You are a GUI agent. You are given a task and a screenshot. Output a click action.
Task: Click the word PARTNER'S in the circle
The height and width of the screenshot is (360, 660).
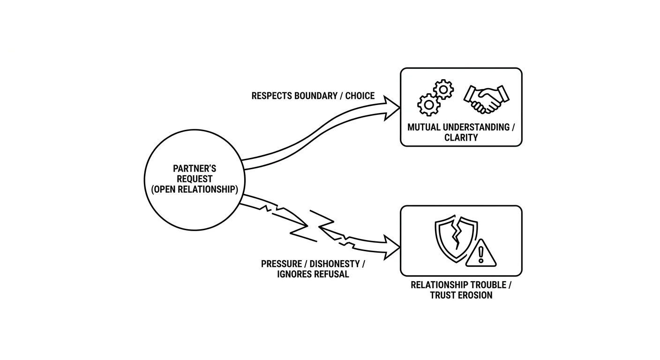pos(195,168)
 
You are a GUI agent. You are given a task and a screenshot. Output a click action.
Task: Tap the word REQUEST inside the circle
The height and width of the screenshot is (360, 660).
pos(195,179)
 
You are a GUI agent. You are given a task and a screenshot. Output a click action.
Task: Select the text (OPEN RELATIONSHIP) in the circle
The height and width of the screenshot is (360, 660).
pos(195,189)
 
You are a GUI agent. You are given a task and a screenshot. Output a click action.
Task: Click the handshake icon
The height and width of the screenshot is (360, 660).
pos(487,99)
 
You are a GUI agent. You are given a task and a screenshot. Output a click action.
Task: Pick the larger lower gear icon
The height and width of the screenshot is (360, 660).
pos(429,105)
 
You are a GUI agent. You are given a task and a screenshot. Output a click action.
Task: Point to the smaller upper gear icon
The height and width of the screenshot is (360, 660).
pos(443,89)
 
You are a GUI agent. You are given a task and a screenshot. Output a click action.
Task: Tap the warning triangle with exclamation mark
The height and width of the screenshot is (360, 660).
pos(481,253)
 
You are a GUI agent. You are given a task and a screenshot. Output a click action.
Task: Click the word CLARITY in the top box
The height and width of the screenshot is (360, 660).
pos(461,137)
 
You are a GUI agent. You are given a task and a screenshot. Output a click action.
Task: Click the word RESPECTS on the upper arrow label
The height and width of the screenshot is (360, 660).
pos(271,96)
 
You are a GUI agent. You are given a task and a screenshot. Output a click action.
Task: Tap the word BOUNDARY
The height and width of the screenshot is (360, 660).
pos(316,96)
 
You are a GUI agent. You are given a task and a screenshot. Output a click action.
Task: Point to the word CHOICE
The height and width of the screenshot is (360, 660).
pos(360,96)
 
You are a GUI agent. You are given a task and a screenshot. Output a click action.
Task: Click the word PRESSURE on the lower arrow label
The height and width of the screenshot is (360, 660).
pos(281,263)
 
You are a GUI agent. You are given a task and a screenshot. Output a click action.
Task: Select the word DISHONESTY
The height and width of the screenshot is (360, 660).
pos(335,263)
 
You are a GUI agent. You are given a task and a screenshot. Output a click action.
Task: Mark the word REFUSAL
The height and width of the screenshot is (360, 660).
pos(331,274)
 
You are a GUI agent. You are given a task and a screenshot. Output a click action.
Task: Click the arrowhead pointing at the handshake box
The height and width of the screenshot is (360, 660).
pos(391,108)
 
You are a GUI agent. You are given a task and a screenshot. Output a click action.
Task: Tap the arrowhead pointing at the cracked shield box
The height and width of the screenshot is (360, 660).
pos(391,247)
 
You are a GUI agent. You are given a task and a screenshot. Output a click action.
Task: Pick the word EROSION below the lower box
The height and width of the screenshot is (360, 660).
pos(475,295)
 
